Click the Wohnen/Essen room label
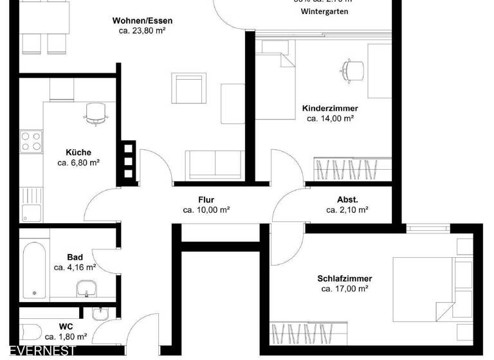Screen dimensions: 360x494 pyautogui.click(x=142, y=21)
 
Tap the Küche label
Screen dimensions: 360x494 pyautogui.click(x=78, y=152)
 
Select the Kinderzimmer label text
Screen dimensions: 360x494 pyautogui.click(x=330, y=109)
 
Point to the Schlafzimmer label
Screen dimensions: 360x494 pyautogui.click(x=344, y=278)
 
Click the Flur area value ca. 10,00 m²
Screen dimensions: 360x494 pyautogui.click(x=206, y=210)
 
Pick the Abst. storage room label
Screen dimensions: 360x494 pyautogui.click(x=347, y=199)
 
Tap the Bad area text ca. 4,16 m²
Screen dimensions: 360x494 pyautogui.click(x=75, y=267)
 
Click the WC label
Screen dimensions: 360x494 pyautogui.click(x=66, y=326)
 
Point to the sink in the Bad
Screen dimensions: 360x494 pyautogui.click(x=86, y=289)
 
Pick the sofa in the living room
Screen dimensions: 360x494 pyautogui.click(x=215, y=164)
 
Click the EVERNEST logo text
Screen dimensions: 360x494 pyautogui.click(x=39, y=351)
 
